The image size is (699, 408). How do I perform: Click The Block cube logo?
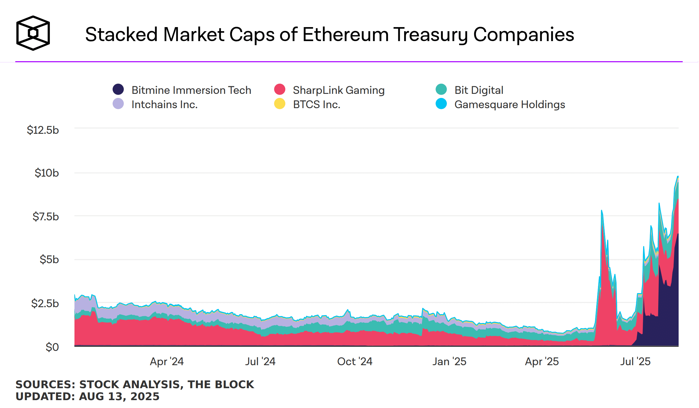(x=33, y=33)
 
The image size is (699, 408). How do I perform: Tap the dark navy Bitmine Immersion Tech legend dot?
(x=118, y=89)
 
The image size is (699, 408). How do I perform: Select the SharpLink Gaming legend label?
(x=339, y=90)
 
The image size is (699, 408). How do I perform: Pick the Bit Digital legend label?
(x=479, y=90)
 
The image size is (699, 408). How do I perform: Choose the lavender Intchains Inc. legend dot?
(x=118, y=104)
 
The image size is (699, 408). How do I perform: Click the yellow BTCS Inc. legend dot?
(x=279, y=104)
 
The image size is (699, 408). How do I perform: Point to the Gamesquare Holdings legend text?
(x=509, y=104)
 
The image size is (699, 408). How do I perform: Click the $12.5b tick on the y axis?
(x=43, y=130)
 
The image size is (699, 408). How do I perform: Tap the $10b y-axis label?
(x=47, y=173)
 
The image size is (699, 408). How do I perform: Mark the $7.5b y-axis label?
(x=45, y=217)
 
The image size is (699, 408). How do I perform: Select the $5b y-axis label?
(x=49, y=259)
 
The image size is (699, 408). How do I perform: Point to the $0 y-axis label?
(x=52, y=347)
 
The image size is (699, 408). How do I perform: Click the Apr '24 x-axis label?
(x=167, y=361)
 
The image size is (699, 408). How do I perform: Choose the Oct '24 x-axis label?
(x=355, y=361)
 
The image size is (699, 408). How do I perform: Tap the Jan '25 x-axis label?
(x=449, y=361)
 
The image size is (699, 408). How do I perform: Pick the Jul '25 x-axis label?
(x=635, y=361)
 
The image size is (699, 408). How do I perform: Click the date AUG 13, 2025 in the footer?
(x=119, y=396)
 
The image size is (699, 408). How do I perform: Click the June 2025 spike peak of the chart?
(x=601, y=211)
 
